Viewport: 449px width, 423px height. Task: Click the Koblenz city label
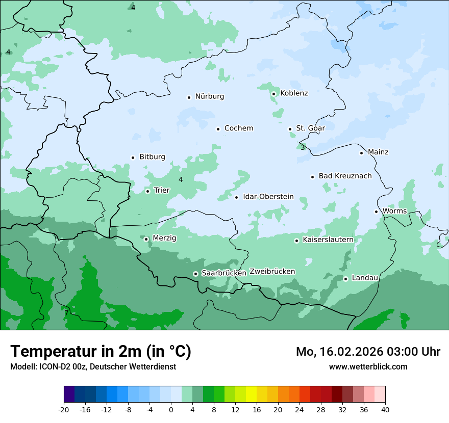pos(294,93)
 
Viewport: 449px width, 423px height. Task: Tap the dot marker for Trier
pos(147,191)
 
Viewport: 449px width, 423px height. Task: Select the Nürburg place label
pos(209,96)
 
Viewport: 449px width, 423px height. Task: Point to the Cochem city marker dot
pos(218,129)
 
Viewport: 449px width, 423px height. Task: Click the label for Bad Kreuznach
pos(345,176)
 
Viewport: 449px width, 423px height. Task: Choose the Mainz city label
pos(378,152)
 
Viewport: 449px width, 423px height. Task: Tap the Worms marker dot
pos(377,211)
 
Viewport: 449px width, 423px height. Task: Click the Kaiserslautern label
pos(328,240)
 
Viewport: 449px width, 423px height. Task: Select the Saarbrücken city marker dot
pos(195,274)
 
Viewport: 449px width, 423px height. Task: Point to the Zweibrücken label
pos(272,272)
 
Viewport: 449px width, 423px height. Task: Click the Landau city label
pos(364,278)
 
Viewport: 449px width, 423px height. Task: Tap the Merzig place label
pos(164,238)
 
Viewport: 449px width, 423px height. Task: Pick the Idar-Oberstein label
pos(268,197)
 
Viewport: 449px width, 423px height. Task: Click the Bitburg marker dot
pos(133,157)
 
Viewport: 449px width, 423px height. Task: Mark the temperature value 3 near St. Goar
pos(303,148)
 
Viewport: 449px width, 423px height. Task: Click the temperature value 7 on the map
pos(66,313)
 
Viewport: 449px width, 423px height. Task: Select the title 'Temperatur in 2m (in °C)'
pos(101,352)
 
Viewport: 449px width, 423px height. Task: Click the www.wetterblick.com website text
pos(368,366)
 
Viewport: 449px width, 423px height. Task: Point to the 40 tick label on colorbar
pos(385,410)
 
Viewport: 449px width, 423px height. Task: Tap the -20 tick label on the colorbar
pos(64,410)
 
